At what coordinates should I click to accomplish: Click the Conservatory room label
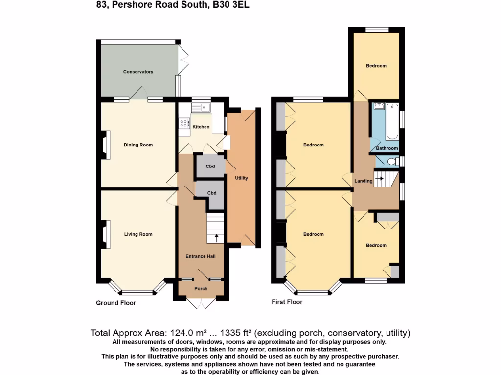click(x=138, y=72)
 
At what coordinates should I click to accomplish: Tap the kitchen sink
click(x=201, y=108)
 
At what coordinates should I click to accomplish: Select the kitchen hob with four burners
click(x=184, y=123)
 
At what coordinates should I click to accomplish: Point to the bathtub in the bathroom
click(x=392, y=121)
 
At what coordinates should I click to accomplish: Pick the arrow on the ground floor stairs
click(x=217, y=238)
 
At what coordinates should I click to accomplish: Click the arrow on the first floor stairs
click(x=379, y=179)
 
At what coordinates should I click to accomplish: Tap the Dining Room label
click(x=138, y=145)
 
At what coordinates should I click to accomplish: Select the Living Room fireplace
click(x=106, y=234)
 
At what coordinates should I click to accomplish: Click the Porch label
click(x=201, y=288)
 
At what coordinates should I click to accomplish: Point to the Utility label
click(x=241, y=178)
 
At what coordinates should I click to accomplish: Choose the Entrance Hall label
click(x=201, y=256)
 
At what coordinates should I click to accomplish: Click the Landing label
click(x=364, y=181)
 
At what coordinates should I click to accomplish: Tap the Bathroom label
click(x=387, y=148)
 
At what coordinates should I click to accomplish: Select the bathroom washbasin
click(x=379, y=106)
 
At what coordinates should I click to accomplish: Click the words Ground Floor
click(x=116, y=303)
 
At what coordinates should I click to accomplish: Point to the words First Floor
click(x=287, y=302)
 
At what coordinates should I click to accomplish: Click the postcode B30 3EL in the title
click(x=231, y=5)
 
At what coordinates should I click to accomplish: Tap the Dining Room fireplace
click(x=106, y=145)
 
